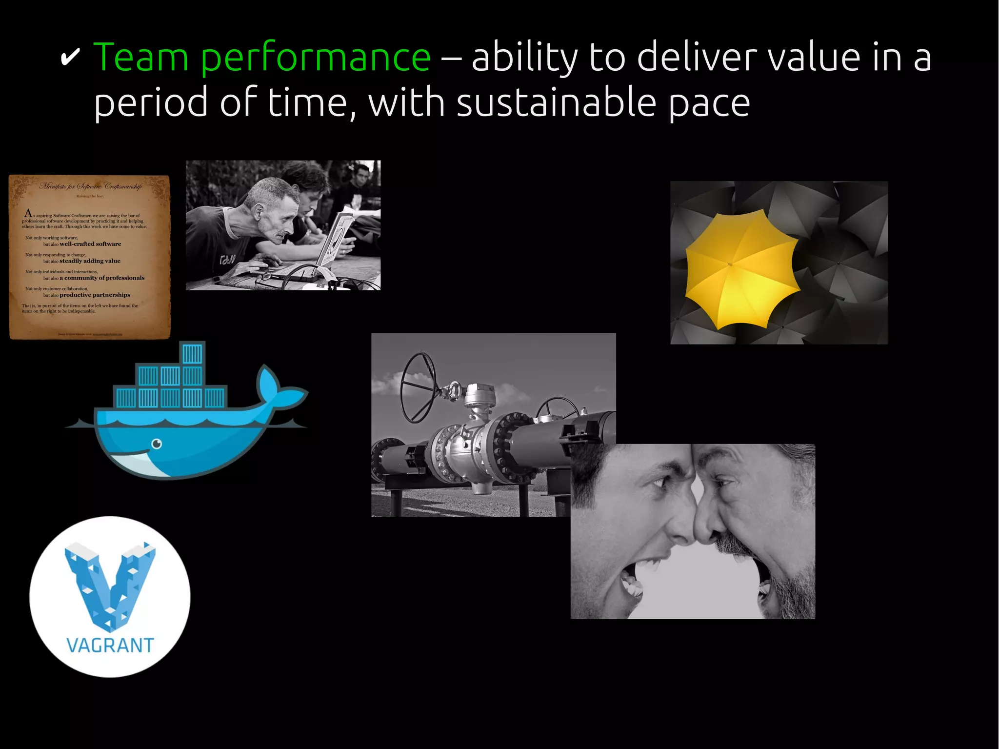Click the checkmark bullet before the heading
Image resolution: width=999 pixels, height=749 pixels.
pos(70,59)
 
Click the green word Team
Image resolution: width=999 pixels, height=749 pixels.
pos(140,58)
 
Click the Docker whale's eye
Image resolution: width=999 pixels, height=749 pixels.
pos(157,444)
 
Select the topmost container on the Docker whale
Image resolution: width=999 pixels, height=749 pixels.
pos(192,354)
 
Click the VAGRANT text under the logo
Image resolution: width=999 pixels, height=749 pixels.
pos(110,646)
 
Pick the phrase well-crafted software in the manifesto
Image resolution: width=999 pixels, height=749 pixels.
pos(90,244)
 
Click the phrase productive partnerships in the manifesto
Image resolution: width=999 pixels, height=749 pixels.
pos(95,295)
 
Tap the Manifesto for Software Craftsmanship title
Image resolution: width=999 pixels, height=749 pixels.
pos(91,186)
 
